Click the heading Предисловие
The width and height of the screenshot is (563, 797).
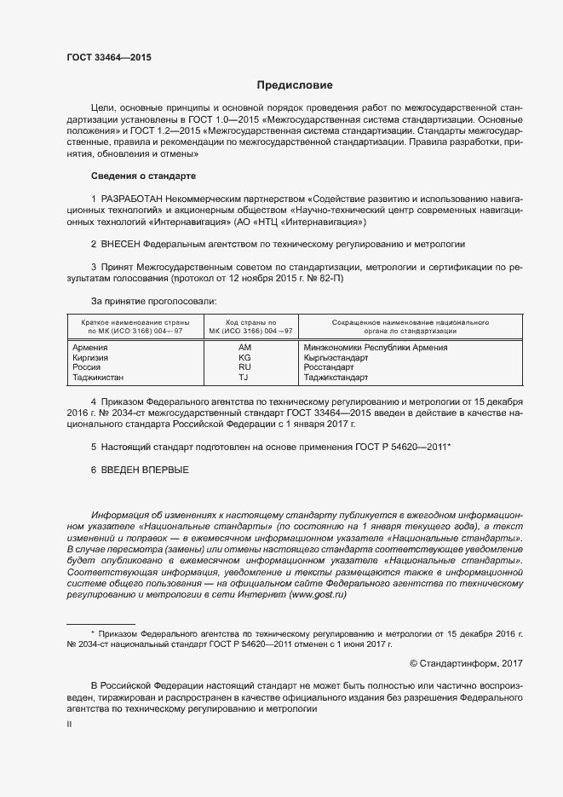click(295, 85)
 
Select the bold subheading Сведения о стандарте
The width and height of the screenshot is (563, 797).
click(143, 176)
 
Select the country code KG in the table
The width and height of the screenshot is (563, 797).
click(245, 358)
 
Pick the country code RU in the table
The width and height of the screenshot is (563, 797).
click(245, 367)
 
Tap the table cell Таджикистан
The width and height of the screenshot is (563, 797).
click(97, 377)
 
